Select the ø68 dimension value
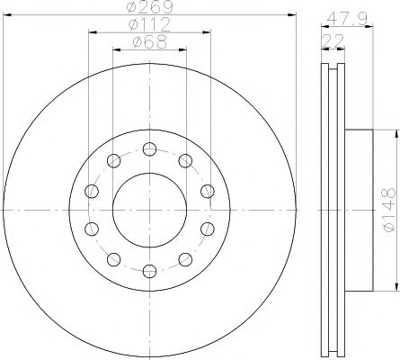tap(149, 42)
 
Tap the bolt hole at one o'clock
tap(185, 161)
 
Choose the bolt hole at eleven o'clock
tap(113, 161)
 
